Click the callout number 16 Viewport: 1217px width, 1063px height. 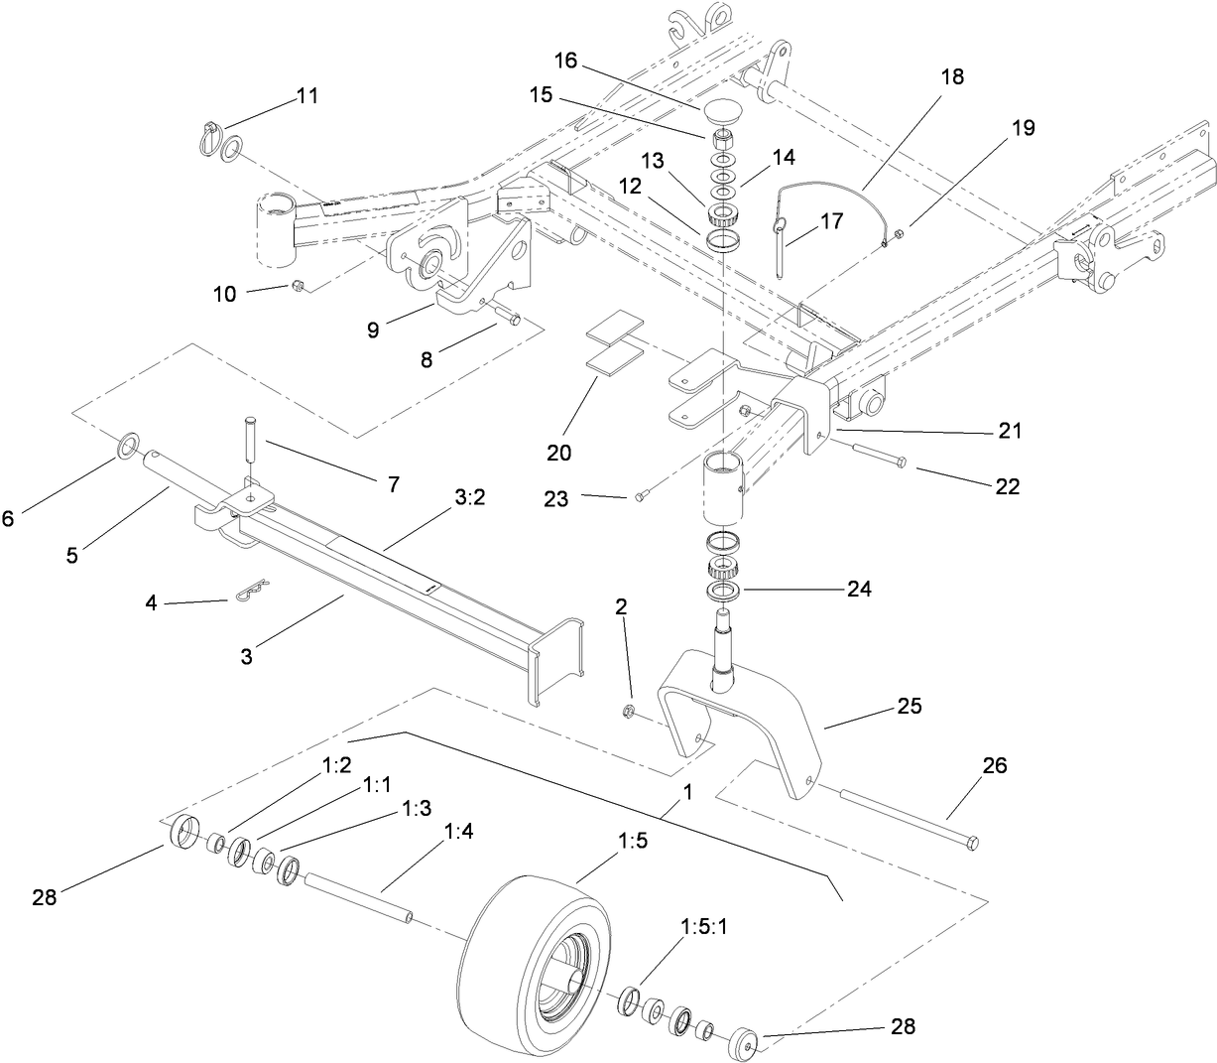coord(564,61)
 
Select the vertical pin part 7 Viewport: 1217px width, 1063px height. coord(248,437)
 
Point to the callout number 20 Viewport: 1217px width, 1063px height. coord(559,453)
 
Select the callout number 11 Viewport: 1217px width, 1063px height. coord(307,96)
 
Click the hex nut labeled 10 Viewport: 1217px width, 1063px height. coord(297,287)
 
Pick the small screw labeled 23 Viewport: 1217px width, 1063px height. coord(641,496)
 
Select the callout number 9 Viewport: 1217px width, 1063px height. coord(373,330)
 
